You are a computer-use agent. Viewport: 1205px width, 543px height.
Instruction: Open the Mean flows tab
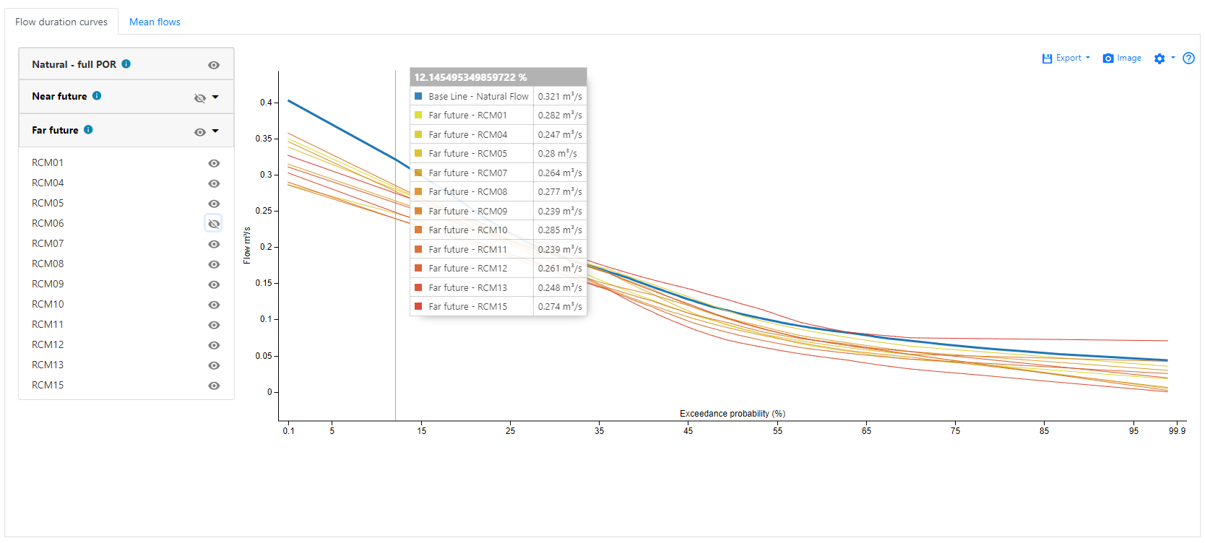click(x=155, y=22)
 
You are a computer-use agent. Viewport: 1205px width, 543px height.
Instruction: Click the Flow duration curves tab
click(x=61, y=22)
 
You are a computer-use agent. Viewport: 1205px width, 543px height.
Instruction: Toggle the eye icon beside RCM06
click(x=214, y=224)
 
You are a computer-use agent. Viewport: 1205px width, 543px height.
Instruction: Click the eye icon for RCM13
click(x=214, y=365)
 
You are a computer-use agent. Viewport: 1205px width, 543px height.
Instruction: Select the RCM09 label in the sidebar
click(x=48, y=284)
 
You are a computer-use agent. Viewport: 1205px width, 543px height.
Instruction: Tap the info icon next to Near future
click(x=97, y=95)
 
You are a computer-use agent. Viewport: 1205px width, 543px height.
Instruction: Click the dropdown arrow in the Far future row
click(x=215, y=131)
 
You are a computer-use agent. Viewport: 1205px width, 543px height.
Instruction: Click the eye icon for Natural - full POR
click(x=214, y=65)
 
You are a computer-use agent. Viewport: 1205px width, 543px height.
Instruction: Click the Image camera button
click(x=1122, y=58)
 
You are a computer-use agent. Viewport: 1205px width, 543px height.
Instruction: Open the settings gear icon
click(x=1159, y=58)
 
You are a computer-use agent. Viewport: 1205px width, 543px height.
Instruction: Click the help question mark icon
click(x=1188, y=58)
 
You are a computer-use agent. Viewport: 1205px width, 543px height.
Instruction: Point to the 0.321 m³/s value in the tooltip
click(x=559, y=96)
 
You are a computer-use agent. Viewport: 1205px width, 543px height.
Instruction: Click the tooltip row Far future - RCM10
click(x=467, y=230)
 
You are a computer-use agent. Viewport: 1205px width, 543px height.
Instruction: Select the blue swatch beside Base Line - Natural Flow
click(x=418, y=96)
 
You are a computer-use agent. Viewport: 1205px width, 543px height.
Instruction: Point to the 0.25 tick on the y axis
click(x=264, y=211)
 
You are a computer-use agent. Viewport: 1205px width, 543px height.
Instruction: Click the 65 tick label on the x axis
click(x=866, y=430)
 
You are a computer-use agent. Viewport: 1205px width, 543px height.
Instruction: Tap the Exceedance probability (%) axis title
click(x=732, y=414)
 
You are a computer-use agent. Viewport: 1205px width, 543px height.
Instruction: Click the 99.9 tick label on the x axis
click(x=1177, y=430)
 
